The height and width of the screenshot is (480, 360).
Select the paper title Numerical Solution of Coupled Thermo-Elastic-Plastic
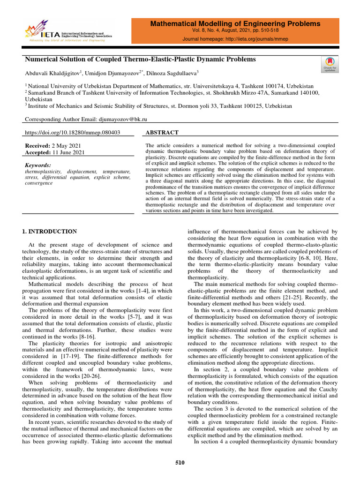pos(140,60)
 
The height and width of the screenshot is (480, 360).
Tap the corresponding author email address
pos(127,120)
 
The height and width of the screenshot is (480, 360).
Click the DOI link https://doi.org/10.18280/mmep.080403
pos(72,133)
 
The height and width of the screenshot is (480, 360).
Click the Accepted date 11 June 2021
pos(69,152)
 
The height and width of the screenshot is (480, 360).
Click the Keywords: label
pos(37,165)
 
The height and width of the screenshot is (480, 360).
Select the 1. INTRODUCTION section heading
pos(50,231)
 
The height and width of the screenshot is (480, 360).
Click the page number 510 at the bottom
pos(180,463)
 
